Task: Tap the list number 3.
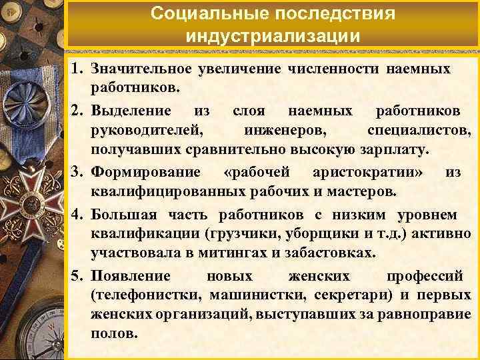pyautogui.click(x=78, y=173)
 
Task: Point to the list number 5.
pyautogui.click(x=78, y=276)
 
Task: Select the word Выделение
pyautogui.click(x=131, y=110)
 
